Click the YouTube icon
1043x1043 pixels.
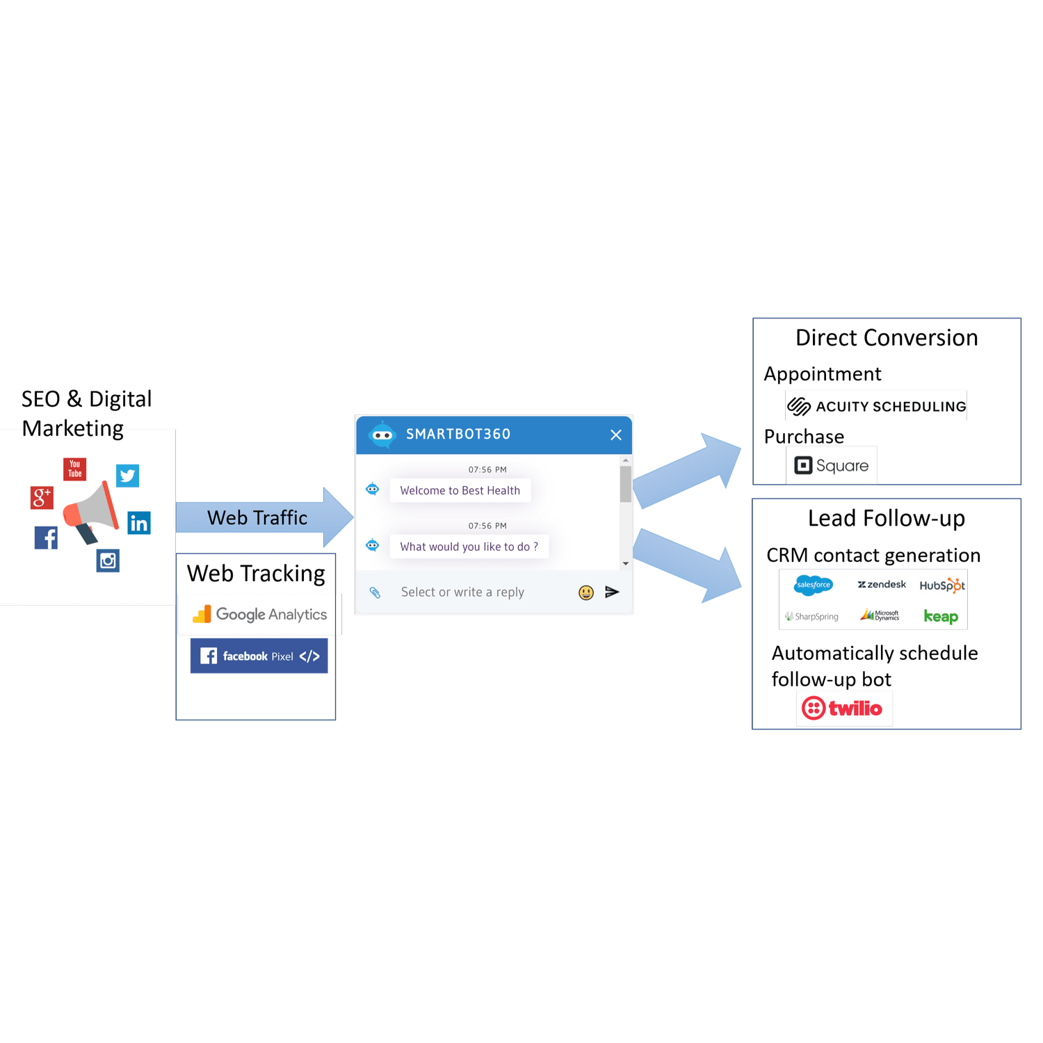[75, 469]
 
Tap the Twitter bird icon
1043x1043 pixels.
[127, 476]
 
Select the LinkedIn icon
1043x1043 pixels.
[139, 523]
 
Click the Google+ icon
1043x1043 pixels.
[42, 497]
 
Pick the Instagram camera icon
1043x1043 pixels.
[108, 560]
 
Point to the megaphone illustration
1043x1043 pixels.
[90, 512]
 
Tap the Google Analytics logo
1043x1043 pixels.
[260, 614]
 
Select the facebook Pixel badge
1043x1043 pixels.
[259, 656]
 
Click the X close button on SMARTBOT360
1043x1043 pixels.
[616, 435]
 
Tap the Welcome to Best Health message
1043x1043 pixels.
[460, 490]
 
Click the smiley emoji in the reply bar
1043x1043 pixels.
[586, 592]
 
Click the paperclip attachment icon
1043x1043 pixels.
[375, 592]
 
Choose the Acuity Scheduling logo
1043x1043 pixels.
[876, 406]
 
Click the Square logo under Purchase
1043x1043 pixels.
[832, 465]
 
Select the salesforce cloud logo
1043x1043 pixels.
[814, 585]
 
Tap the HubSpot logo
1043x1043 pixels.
[942, 585]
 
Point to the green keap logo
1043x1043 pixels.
[941, 616]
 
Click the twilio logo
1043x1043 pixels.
[843, 709]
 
